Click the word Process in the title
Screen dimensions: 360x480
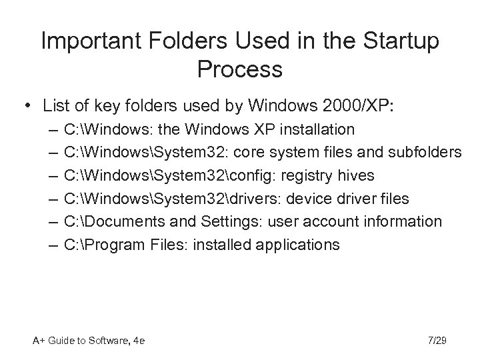(240, 68)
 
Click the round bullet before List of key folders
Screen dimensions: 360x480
(27, 105)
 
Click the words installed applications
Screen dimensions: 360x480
(266, 245)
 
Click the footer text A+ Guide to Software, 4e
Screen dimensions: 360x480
(89, 341)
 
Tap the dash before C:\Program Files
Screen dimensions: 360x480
(53, 245)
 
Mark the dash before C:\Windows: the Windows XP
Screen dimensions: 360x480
(53, 129)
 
